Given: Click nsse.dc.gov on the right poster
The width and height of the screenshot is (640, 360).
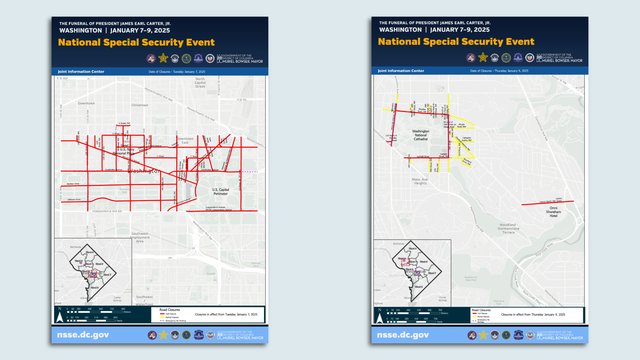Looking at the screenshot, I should pos(404,336).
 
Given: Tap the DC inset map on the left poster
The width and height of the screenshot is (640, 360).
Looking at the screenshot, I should pos(92,270).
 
